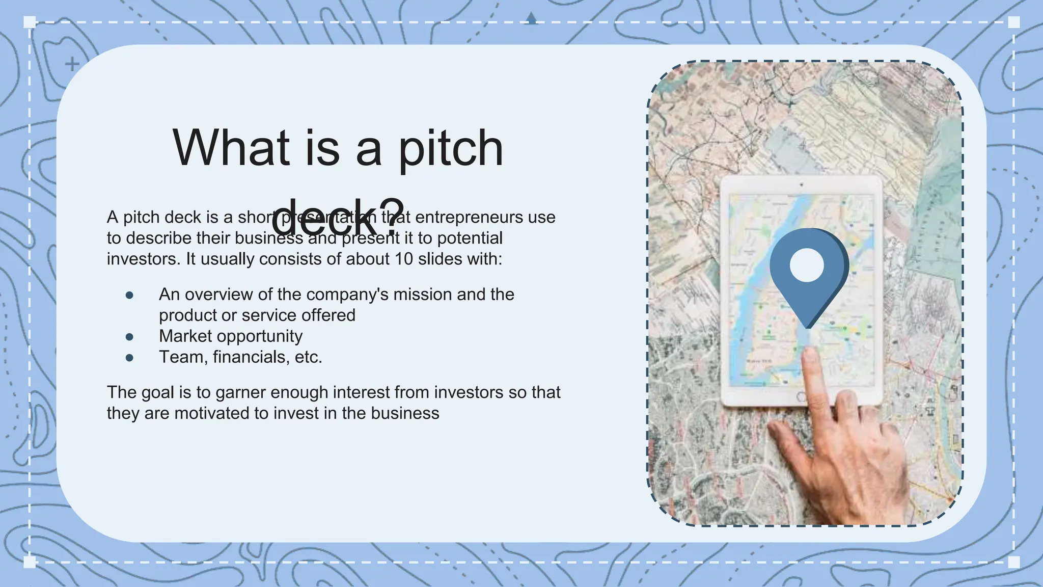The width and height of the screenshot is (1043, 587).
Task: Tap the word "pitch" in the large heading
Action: [x=450, y=149]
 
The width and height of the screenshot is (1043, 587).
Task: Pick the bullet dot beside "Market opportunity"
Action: [x=129, y=337]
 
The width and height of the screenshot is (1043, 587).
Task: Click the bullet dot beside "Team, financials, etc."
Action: [x=129, y=358]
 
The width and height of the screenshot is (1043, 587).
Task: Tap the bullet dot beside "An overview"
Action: [x=129, y=295]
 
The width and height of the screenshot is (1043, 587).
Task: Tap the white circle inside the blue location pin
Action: [x=806, y=265]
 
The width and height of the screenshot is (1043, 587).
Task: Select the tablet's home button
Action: [x=801, y=397]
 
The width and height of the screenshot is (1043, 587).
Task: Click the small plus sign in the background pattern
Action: [x=72, y=64]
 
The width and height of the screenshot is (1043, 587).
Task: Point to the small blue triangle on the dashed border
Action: [x=531, y=19]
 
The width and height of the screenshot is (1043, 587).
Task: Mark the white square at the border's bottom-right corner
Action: [x=1014, y=562]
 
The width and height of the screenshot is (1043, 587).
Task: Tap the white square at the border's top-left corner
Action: [x=30, y=22]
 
